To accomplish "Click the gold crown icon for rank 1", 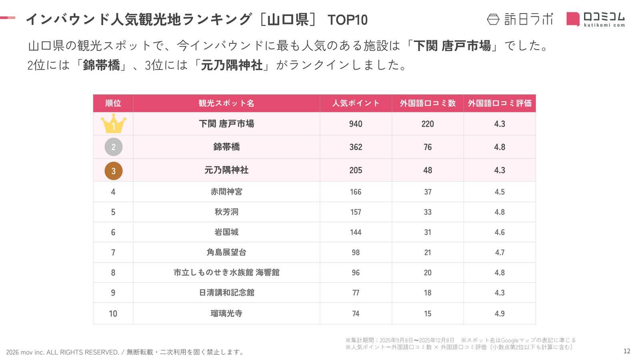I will [x=113, y=124].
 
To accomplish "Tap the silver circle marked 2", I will [x=113, y=147].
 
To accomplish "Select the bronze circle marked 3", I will [x=113, y=170].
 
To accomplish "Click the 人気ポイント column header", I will [x=356, y=103].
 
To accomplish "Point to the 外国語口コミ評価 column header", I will [x=500, y=103].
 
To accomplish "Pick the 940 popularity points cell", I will [x=356, y=124].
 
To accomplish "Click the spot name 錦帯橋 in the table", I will [x=226, y=147].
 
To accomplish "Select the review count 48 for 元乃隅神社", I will [x=428, y=170].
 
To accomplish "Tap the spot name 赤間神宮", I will [x=226, y=192].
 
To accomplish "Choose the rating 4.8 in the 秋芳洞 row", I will [x=500, y=212].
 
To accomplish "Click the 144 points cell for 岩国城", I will [x=356, y=232].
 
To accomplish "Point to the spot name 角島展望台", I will [x=226, y=252].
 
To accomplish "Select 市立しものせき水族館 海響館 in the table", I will [x=226, y=273].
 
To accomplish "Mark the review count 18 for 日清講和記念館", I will [x=428, y=293].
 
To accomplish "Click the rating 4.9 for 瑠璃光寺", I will [x=500, y=314].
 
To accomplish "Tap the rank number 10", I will [x=113, y=314].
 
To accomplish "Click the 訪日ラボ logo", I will [x=520, y=19].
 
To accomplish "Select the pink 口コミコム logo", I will [x=595, y=19].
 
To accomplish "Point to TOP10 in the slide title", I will [x=347, y=20].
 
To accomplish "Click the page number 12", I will [x=627, y=351].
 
